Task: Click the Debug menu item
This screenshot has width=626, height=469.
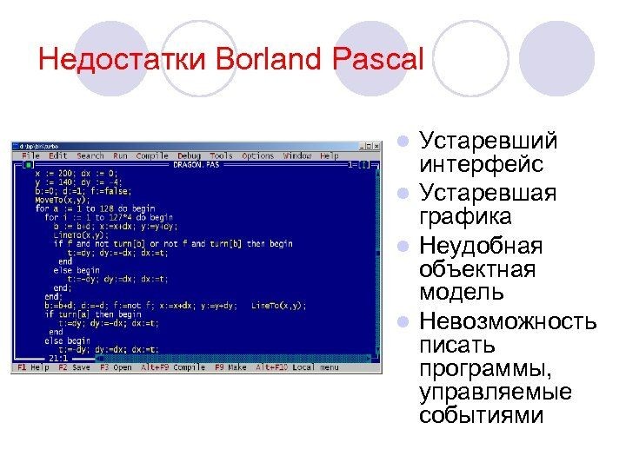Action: pos(189,155)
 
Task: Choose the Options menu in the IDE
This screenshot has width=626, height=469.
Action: pos(257,155)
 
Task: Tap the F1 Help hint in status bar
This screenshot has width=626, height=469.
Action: pos(35,368)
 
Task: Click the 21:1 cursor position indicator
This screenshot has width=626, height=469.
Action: pos(58,357)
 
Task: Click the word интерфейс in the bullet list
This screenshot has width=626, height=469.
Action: pos(469,163)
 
